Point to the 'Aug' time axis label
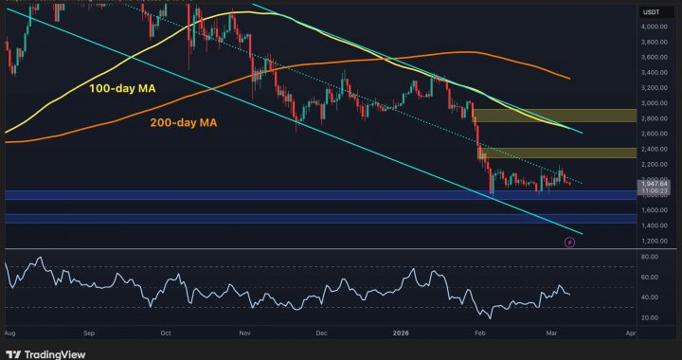(9, 333)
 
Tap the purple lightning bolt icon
(569, 243)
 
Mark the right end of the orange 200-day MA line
(568, 79)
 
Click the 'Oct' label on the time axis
(165, 333)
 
